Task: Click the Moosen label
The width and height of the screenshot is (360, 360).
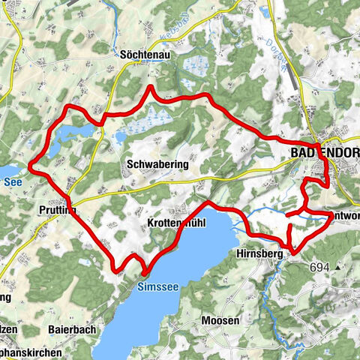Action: pos(220,321)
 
